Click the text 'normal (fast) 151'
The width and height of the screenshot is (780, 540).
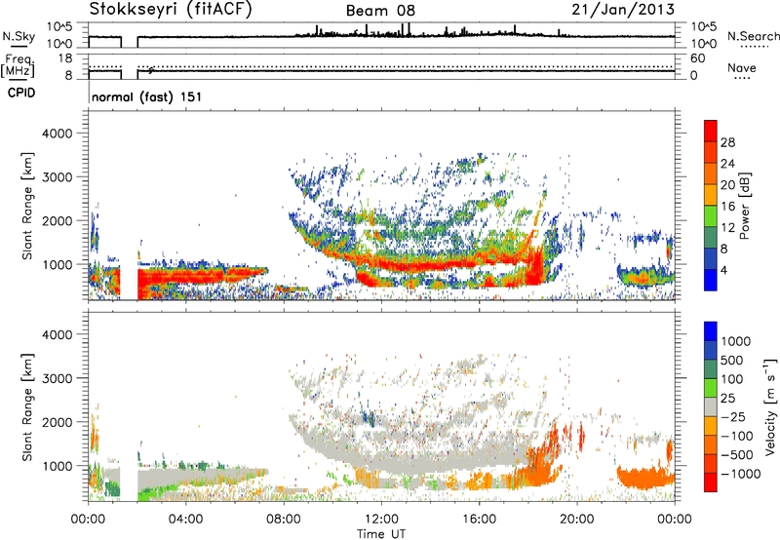pyautogui.click(x=139, y=96)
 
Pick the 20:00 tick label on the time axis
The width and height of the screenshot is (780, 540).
pyautogui.click(x=577, y=519)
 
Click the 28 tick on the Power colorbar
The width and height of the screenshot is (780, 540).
pyautogui.click(x=727, y=141)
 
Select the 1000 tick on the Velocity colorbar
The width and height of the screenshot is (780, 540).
pyautogui.click(x=735, y=343)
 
